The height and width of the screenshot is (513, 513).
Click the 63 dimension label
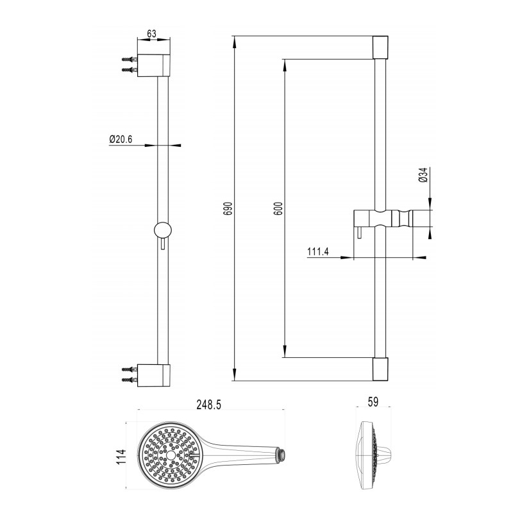tap(152, 33)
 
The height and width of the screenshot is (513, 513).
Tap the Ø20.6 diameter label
tap(121, 139)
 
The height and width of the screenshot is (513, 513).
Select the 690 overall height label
tap(228, 208)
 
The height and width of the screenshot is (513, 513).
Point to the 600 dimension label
tap(279, 208)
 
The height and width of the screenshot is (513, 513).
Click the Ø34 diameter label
tap(423, 174)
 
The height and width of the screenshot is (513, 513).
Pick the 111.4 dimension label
tap(318, 251)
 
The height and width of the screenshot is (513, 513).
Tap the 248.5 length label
tap(209, 405)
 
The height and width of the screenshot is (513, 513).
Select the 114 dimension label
tap(121, 457)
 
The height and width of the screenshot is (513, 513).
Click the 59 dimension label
tap(373, 402)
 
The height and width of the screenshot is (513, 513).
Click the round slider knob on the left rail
tap(163, 230)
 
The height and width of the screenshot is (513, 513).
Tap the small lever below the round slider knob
tap(163, 244)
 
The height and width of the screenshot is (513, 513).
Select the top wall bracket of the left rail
tap(153, 65)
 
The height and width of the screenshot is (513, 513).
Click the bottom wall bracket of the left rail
tap(153, 375)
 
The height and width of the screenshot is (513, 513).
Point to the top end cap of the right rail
tap(380, 47)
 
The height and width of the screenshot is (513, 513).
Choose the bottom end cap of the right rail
tap(380, 369)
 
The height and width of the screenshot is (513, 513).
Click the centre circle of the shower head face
tap(171, 455)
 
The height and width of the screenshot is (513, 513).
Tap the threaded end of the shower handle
tap(282, 453)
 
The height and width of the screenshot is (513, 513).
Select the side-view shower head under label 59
tap(374, 455)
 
